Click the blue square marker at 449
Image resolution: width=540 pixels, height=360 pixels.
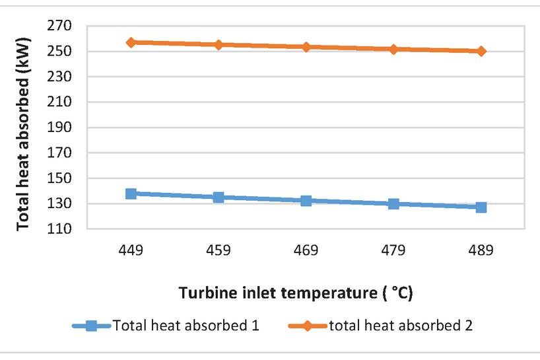(x=131, y=194)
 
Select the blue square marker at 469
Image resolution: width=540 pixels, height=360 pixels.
(x=306, y=200)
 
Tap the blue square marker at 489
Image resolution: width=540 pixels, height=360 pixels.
(x=481, y=207)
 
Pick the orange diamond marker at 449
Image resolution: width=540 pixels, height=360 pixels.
(x=131, y=42)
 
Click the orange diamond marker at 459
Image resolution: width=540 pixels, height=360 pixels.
(x=219, y=44)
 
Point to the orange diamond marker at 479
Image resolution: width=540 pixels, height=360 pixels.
(x=393, y=49)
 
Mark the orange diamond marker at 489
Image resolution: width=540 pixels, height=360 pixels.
(x=481, y=51)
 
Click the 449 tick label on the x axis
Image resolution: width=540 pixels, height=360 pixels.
(x=131, y=251)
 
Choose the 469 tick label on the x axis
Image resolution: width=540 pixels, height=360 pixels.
(x=306, y=251)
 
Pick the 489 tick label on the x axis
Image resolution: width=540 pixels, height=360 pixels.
(x=481, y=251)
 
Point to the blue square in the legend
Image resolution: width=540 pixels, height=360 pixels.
(x=92, y=326)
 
